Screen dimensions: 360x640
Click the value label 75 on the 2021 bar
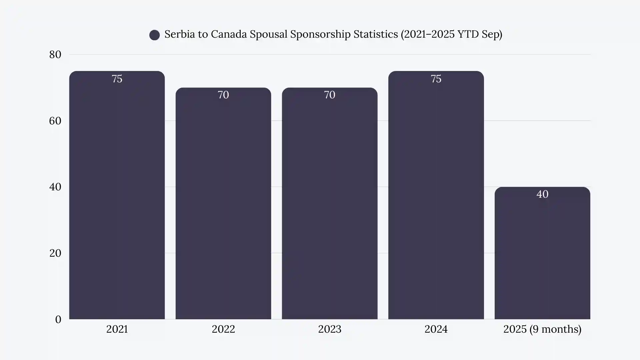point(117,79)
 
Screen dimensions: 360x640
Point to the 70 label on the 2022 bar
point(223,95)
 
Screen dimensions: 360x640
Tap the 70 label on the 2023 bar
point(329,95)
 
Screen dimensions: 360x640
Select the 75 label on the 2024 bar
point(436,79)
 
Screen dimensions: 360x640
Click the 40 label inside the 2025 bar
point(542,194)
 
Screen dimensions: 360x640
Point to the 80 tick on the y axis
point(55,55)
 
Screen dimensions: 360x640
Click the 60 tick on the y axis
point(55,121)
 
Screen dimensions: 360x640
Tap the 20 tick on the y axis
point(55,253)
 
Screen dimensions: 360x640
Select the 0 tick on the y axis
point(58,320)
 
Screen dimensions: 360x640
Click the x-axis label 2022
point(223,329)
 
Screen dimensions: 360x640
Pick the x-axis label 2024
point(436,329)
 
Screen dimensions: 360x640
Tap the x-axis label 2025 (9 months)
point(542,329)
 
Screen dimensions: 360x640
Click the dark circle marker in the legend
point(154,35)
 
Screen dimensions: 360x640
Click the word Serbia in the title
point(179,34)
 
